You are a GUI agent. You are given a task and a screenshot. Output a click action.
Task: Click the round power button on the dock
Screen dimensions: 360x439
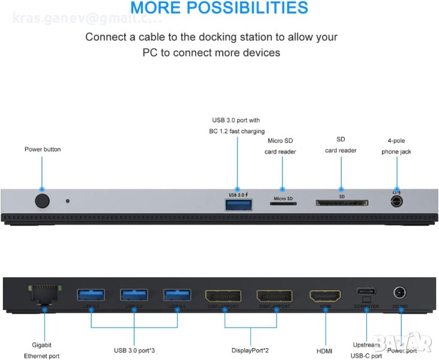41,200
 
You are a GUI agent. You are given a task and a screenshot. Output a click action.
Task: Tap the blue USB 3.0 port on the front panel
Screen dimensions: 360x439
237,205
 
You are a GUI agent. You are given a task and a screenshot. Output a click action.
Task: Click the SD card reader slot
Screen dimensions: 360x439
341,203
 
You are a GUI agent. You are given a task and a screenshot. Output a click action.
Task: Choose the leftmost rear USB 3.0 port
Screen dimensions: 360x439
91,295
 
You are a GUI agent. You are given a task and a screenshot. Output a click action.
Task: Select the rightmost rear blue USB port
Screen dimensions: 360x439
178,295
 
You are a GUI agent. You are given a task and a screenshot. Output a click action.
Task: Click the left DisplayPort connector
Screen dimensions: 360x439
223,295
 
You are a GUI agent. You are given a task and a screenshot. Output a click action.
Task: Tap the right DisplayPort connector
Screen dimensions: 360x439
274,295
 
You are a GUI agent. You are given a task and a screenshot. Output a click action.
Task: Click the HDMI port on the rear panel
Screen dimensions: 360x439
324,295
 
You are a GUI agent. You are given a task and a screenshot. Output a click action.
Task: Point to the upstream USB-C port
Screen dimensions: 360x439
366,293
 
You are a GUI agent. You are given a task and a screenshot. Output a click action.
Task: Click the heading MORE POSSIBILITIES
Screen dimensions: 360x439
219,8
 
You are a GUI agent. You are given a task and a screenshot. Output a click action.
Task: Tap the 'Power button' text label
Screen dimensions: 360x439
43,149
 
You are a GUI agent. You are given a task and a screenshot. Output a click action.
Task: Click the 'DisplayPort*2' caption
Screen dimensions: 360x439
250,350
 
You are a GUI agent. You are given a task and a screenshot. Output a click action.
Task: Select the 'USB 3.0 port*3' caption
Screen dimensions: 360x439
135,350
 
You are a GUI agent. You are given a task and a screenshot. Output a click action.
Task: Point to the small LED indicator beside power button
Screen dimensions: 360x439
67,200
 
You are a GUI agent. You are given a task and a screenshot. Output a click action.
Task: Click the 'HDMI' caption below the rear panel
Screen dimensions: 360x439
324,350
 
